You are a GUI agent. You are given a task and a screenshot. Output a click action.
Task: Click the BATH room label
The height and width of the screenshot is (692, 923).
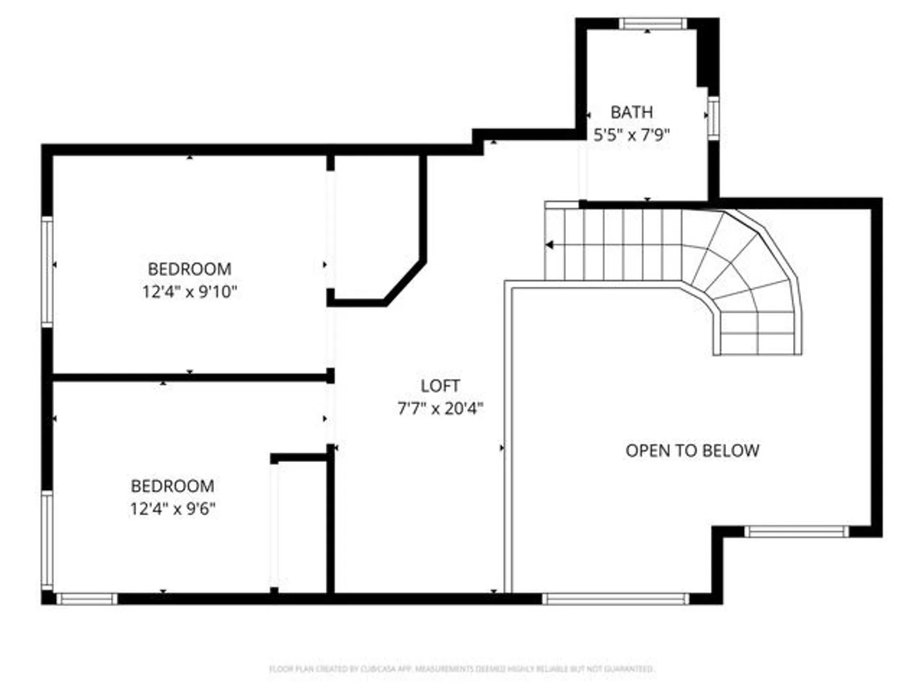(x=631, y=112)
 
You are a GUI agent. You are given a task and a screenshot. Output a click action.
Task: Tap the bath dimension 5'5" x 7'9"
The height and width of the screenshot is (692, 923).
(x=631, y=135)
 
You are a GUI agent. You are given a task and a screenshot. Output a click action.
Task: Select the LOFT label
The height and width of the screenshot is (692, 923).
(x=440, y=386)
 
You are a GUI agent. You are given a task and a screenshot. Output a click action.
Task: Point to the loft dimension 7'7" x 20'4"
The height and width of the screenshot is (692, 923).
(x=440, y=409)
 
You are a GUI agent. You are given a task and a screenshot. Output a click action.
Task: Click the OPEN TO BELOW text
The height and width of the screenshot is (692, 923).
(x=692, y=451)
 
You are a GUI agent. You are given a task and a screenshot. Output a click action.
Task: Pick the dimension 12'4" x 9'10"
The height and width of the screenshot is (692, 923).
(x=190, y=292)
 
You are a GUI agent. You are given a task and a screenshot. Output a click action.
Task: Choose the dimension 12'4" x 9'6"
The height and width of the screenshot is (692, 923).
(x=173, y=509)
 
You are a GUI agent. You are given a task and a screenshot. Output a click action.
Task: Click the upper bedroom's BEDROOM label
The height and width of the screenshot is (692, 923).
(x=190, y=269)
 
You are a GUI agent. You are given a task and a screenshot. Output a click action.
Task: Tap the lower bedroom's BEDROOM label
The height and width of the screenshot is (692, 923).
(x=173, y=486)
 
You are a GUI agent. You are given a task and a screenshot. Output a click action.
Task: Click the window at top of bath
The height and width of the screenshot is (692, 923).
(x=652, y=24)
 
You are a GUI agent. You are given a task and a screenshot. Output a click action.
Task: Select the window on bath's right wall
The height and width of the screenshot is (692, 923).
(x=713, y=118)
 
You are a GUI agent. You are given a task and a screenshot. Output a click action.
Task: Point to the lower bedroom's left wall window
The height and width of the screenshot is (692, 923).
(x=47, y=540)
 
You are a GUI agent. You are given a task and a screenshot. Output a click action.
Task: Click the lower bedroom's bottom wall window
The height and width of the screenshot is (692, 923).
(x=87, y=598)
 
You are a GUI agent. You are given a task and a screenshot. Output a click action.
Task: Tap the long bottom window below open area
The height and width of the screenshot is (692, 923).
(x=615, y=598)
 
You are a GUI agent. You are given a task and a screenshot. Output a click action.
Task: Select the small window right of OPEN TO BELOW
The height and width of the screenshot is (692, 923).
(x=797, y=531)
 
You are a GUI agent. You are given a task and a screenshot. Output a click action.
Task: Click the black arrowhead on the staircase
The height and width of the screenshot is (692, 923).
(x=549, y=245)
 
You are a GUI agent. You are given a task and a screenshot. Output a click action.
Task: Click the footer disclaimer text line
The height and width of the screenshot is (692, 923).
(x=461, y=668)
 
